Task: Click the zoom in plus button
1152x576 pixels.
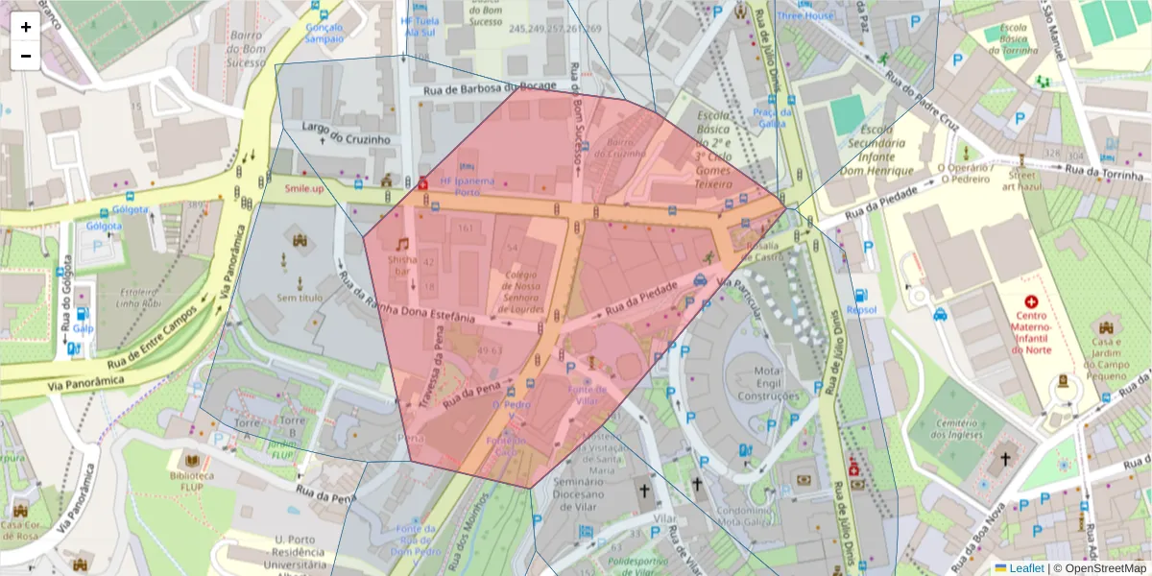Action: [26, 27]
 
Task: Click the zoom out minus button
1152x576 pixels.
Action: [26, 56]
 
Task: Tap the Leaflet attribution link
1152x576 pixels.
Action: [1026, 568]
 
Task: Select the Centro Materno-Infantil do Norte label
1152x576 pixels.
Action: [1032, 332]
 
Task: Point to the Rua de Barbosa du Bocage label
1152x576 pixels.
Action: [490, 89]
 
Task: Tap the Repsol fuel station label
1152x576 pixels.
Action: [861, 310]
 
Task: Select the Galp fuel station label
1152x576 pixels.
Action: [84, 327]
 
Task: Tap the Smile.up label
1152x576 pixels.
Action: [303, 187]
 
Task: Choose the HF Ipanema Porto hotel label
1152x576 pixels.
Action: [467, 186]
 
